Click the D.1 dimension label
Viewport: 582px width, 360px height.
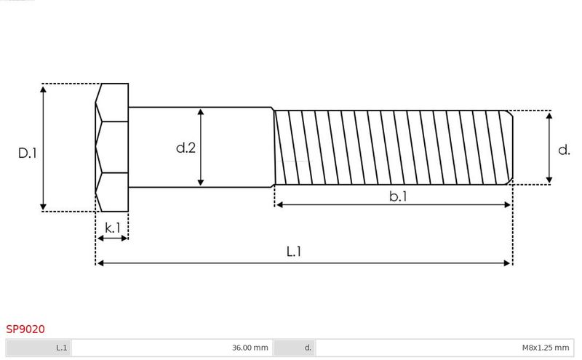coord(28,153)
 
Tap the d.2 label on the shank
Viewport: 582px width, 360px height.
coord(186,148)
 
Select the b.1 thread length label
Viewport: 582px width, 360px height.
coord(398,196)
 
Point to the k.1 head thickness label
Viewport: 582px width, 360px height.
coord(113,228)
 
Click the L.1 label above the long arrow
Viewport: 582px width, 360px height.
coord(294,252)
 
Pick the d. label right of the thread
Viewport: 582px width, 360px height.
coord(564,150)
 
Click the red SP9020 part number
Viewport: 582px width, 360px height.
coord(25,329)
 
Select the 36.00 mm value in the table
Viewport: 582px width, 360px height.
coord(250,348)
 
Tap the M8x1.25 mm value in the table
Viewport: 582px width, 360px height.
coord(545,348)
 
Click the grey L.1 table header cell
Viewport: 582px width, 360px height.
coord(39,348)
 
